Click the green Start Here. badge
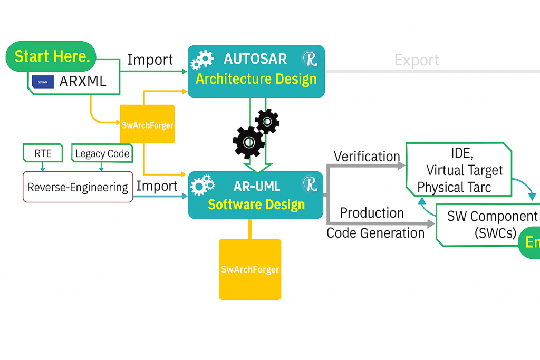click(52, 57)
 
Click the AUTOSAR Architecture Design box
click(256, 71)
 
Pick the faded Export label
click(417, 60)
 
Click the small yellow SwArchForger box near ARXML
click(147, 124)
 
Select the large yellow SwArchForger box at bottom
click(250, 269)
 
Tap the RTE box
click(43, 153)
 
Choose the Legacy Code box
click(102, 153)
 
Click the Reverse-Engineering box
click(78, 187)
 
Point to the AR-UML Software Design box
click(256, 195)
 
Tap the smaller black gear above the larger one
click(267, 121)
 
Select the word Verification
click(367, 157)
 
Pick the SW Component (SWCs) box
click(488, 225)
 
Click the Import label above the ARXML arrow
click(150, 60)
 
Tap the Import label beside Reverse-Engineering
click(157, 186)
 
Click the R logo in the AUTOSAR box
click(310, 59)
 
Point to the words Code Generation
click(375, 233)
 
